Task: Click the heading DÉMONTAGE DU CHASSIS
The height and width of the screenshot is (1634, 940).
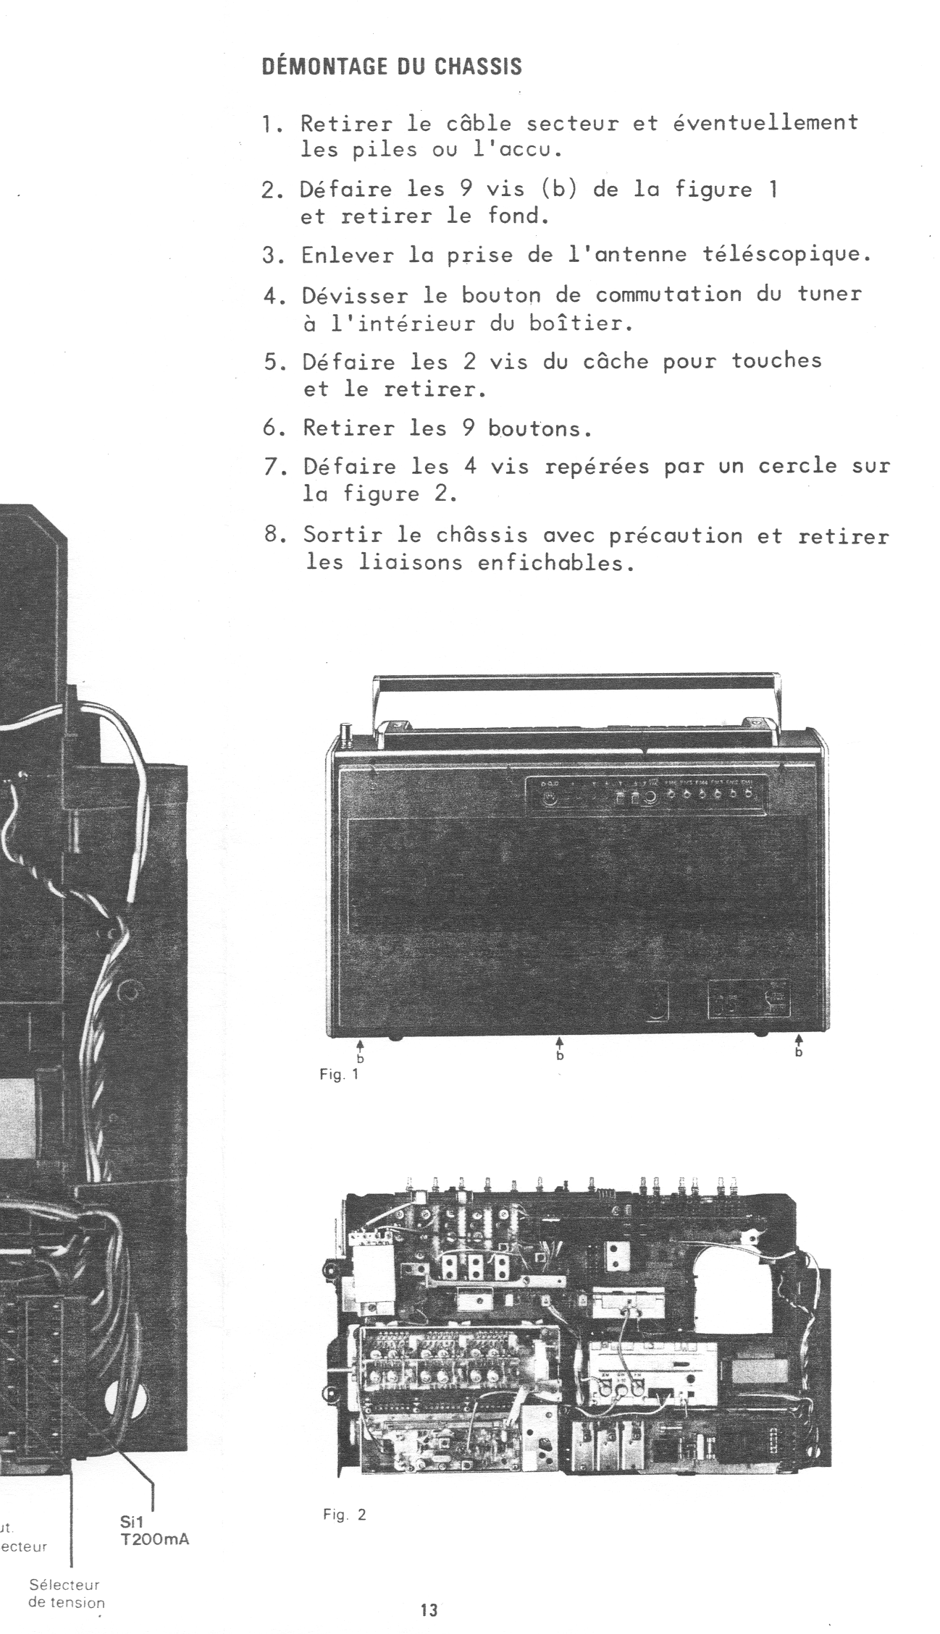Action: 391,67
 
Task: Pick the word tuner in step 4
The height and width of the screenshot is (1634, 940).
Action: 829,294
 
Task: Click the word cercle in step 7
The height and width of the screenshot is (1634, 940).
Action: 792,466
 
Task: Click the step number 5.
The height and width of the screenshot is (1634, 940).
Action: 270,361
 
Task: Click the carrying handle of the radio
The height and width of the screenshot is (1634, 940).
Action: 576,681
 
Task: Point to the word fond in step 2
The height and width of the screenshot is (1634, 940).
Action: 513,216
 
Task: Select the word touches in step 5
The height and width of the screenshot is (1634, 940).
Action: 776,360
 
